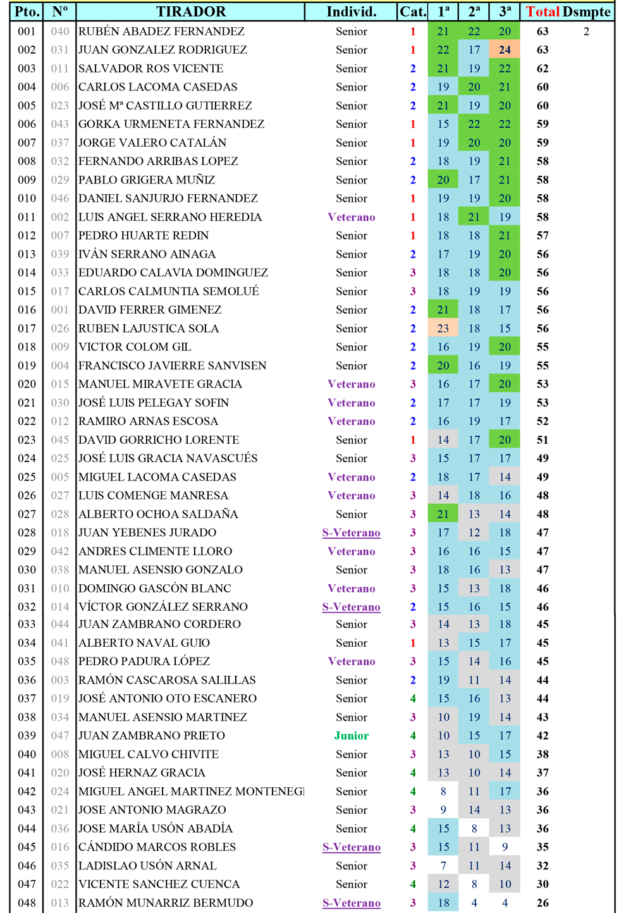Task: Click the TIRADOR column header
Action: coord(190,11)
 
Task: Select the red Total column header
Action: coord(543,11)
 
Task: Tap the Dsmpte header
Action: coord(587,11)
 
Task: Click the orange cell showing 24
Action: coord(505,50)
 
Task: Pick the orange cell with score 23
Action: coord(443,329)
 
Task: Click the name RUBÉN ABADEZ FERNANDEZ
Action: coord(161,32)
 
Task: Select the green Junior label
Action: coord(352,736)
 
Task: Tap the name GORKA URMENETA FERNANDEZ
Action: coord(171,125)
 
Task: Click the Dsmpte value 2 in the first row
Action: coord(587,32)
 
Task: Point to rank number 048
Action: coord(27,903)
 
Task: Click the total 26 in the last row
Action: coord(543,903)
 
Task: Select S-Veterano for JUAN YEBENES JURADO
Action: coord(352,533)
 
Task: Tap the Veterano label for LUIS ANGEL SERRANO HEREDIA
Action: coord(352,218)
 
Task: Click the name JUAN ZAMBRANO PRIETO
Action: coord(152,736)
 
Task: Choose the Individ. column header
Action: coord(352,11)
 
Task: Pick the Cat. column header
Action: coord(413,11)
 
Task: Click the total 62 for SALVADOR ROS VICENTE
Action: coord(543,69)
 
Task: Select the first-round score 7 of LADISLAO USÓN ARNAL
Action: coord(443,866)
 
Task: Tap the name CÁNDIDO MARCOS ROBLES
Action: coord(157,847)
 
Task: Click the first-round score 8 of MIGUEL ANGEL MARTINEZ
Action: coord(443,792)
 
